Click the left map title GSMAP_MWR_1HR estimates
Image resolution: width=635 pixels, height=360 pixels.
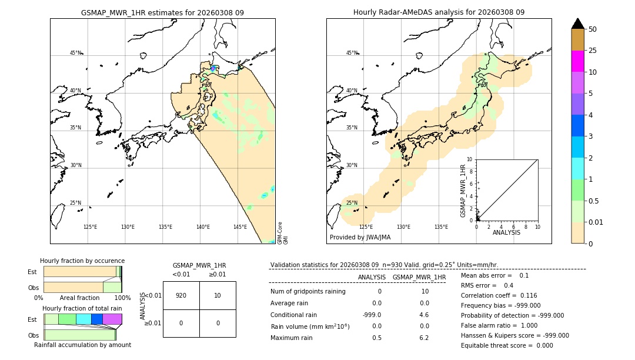pos(162,12)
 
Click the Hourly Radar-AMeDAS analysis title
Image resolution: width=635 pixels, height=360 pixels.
pos(439,12)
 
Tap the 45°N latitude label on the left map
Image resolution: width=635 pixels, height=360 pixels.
pos(75,53)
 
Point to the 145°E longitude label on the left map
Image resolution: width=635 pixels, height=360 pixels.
pos(240,227)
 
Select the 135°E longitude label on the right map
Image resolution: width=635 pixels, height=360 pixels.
pos(441,227)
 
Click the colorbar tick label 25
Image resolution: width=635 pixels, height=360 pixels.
pos(593,51)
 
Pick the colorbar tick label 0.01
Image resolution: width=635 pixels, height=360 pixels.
pos(596,222)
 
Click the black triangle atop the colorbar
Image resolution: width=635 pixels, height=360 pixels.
pos(578,24)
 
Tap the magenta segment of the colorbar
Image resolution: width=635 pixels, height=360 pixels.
pos(578,61)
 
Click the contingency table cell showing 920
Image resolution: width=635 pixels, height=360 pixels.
pos(181,295)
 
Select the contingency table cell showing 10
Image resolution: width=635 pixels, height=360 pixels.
pos(218,295)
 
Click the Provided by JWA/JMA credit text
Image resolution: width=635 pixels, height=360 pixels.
pos(360,238)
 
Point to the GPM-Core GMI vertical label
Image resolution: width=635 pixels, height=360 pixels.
pos(283,233)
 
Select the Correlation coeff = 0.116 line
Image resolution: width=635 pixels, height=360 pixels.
pos(499,295)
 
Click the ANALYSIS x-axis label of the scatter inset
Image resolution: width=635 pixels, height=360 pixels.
pos(506,232)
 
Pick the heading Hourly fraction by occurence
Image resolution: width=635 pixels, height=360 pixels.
pos(82,261)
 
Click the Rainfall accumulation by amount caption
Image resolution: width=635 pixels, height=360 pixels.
pos(82,345)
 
